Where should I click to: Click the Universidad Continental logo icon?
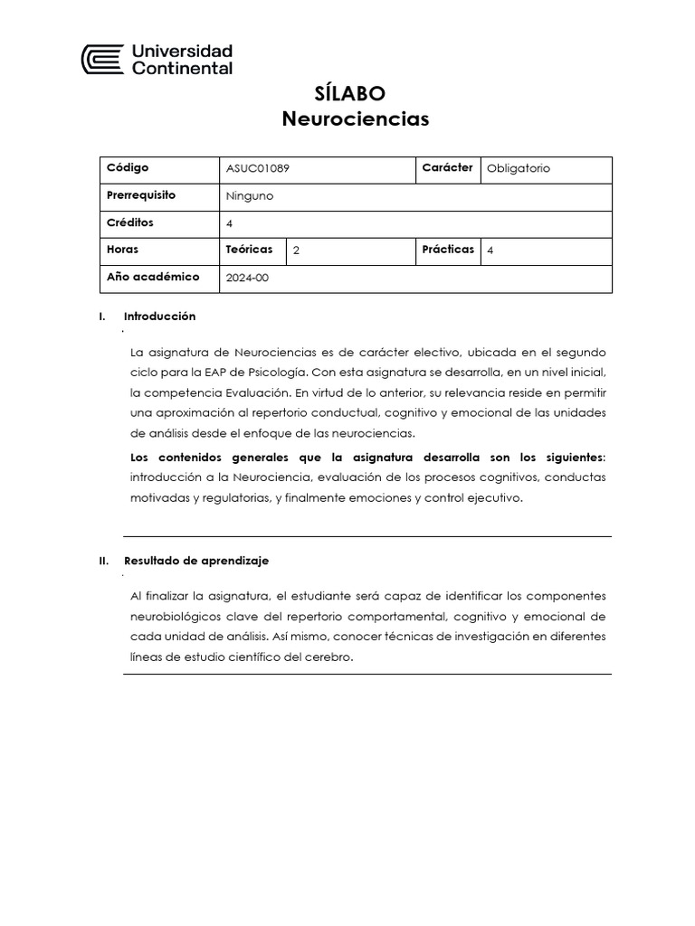(101, 60)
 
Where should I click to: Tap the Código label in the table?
(128, 168)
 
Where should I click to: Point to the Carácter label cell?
(447, 168)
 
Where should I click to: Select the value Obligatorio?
(518, 169)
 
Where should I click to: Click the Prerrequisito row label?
(141, 195)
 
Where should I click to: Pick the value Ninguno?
(249, 196)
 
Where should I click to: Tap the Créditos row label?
(130, 222)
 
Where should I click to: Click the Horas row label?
(123, 250)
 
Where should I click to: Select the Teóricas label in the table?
(249, 250)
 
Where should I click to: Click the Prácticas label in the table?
(447, 250)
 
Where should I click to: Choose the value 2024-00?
(247, 279)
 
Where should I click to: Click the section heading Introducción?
(159, 317)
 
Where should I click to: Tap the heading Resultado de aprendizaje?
(196, 561)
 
